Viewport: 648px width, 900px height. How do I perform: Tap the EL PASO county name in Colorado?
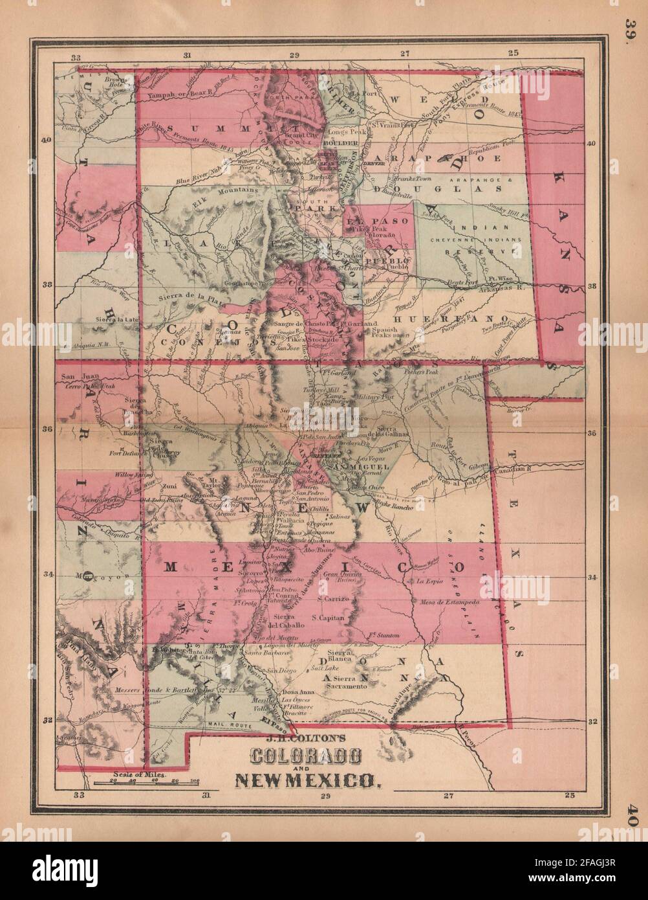(x=369, y=221)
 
